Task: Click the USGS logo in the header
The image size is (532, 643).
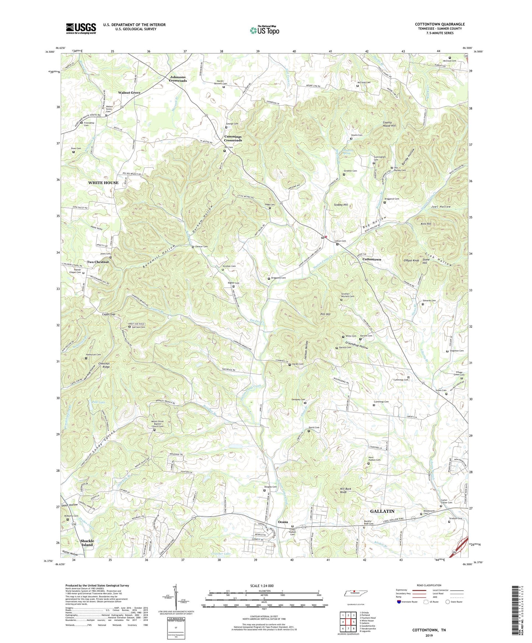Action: [81, 28]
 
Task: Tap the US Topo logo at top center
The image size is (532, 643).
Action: [264, 30]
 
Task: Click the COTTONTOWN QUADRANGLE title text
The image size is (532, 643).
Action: [440, 24]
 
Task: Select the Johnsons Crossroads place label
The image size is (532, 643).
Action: [178, 79]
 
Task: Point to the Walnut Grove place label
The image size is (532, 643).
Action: [129, 92]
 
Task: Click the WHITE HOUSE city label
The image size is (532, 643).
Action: [103, 183]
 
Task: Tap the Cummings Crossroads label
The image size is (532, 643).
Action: [233, 138]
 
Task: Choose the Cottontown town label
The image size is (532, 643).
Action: [371, 259]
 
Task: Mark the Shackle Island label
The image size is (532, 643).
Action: [87, 543]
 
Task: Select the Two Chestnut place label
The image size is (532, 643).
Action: [98, 262]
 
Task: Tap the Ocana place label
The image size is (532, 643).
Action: [283, 522]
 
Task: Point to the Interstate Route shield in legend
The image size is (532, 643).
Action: [399, 602]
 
